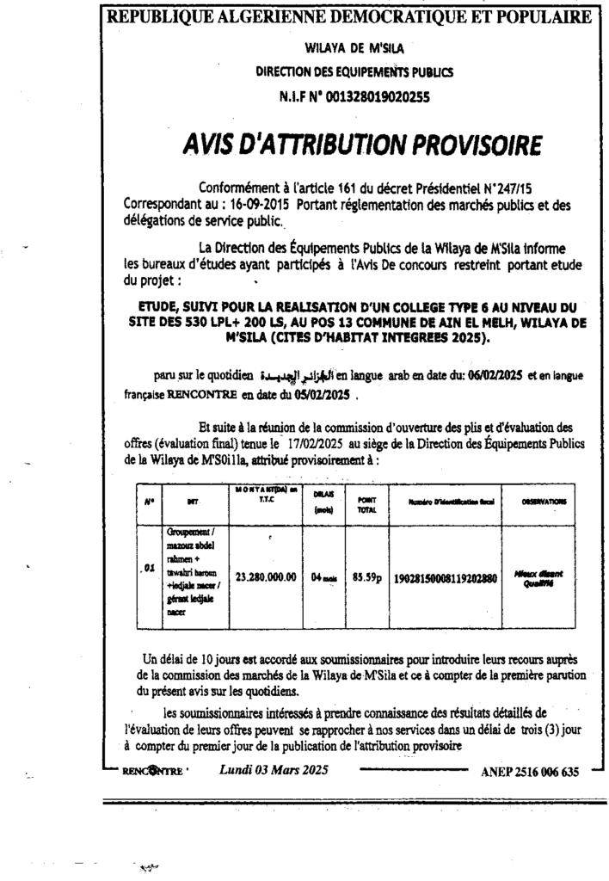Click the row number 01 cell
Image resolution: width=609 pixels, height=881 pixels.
148,569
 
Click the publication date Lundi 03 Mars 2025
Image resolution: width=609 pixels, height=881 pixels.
269,770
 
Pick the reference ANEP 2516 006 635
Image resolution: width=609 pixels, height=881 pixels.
529,772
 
